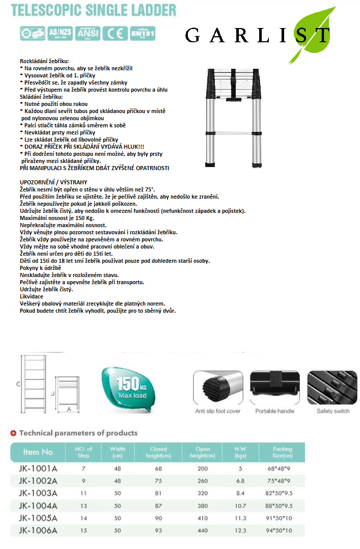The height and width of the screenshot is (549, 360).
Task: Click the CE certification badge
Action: pos(115,33)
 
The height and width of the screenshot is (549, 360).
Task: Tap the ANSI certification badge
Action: pos(87,33)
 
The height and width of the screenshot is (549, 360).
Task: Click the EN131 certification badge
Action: pos(142,33)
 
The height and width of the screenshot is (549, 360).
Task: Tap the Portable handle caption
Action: pos(275,411)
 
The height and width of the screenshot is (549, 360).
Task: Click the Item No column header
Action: pos(38,452)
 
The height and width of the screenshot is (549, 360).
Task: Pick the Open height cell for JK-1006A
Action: pos(203,531)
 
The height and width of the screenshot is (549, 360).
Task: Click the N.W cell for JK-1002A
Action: pos(240,480)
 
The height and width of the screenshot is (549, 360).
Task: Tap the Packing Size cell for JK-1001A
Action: pos(282,468)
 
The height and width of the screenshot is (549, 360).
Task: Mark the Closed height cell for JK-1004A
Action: pos(158,506)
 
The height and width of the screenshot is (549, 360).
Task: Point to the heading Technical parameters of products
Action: pos(78,433)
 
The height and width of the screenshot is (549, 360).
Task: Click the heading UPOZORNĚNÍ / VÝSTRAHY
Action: pos(53,182)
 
